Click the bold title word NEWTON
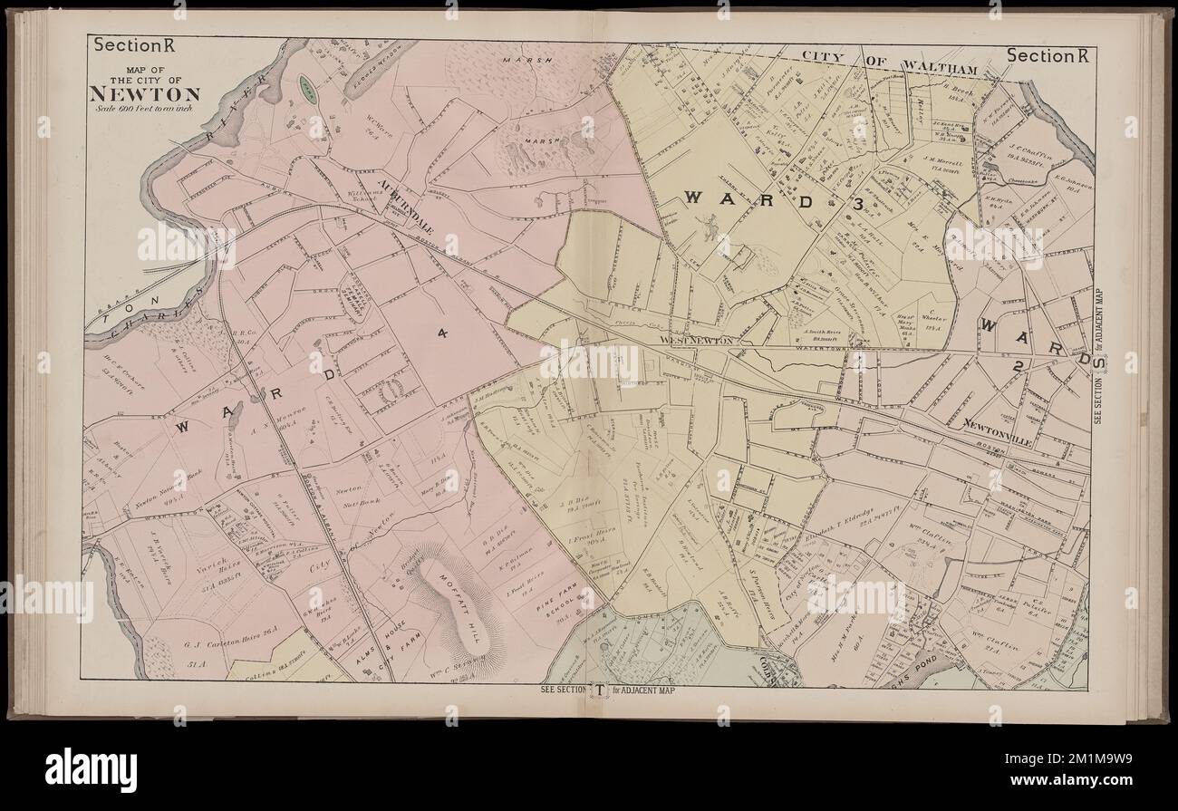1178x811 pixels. (145, 94)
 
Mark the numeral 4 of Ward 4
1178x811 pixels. (442, 333)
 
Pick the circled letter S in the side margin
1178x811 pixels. (1100, 361)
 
